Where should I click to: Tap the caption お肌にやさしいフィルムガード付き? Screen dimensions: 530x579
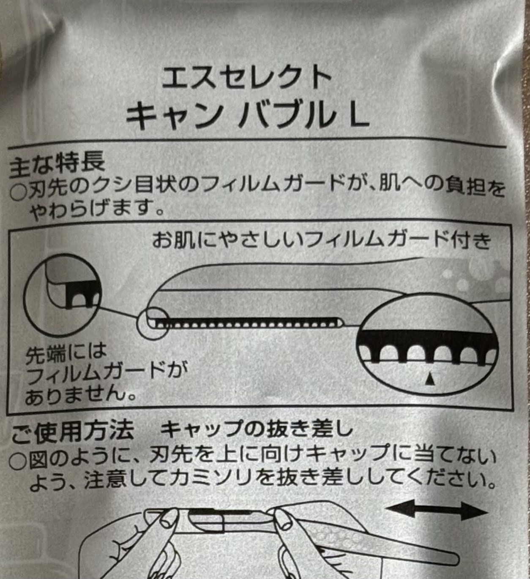coord(321,242)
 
